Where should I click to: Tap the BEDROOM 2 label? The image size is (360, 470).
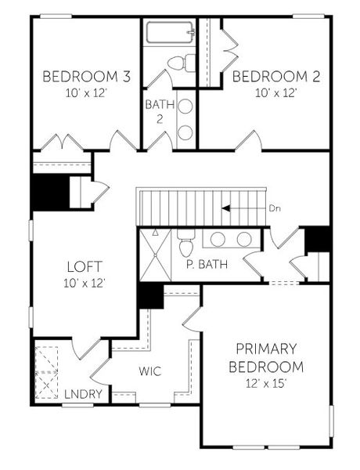click(x=266, y=77)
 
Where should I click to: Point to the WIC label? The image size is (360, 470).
click(x=150, y=371)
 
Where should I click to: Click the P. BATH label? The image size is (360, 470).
click(x=207, y=264)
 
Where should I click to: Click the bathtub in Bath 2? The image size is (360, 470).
click(x=169, y=33)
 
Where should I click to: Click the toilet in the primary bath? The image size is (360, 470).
click(x=186, y=245)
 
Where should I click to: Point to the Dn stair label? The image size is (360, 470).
click(x=274, y=208)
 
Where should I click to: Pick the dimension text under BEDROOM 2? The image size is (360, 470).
click(x=266, y=91)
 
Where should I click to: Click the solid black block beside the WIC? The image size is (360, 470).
click(x=149, y=295)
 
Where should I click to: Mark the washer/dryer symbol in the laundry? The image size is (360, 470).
click(x=49, y=373)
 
